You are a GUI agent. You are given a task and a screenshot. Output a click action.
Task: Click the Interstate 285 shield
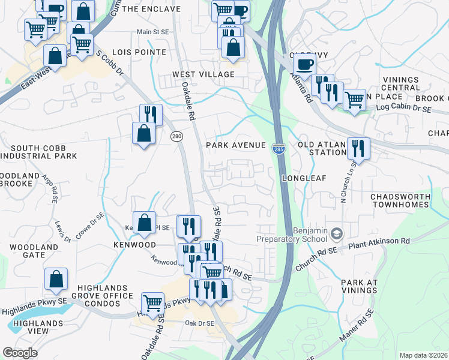(x=279, y=148)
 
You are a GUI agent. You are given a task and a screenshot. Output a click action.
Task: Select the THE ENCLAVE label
(x=151, y=9)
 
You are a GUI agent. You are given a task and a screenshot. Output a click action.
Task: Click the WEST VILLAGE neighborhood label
(x=203, y=74)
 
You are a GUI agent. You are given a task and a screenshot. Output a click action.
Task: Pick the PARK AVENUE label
(x=235, y=145)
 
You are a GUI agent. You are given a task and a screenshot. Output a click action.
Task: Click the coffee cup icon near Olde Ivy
(x=305, y=65)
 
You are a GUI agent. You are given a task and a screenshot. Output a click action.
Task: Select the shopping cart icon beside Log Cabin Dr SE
(x=354, y=98)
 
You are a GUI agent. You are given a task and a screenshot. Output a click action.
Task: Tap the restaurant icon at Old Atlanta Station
(x=358, y=148)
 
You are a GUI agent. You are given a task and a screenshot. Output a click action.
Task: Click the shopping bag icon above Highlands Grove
(x=56, y=279)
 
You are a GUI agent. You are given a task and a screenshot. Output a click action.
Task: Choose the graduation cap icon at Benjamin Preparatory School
(x=337, y=232)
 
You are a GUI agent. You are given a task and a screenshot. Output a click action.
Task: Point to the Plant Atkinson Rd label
(x=380, y=241)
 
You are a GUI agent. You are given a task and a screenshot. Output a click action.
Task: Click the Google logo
(x=20, y=352)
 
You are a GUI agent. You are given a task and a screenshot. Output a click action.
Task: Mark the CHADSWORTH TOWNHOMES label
(x=400, y=200)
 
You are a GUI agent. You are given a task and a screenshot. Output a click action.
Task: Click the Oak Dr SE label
(x=200, y=323)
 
